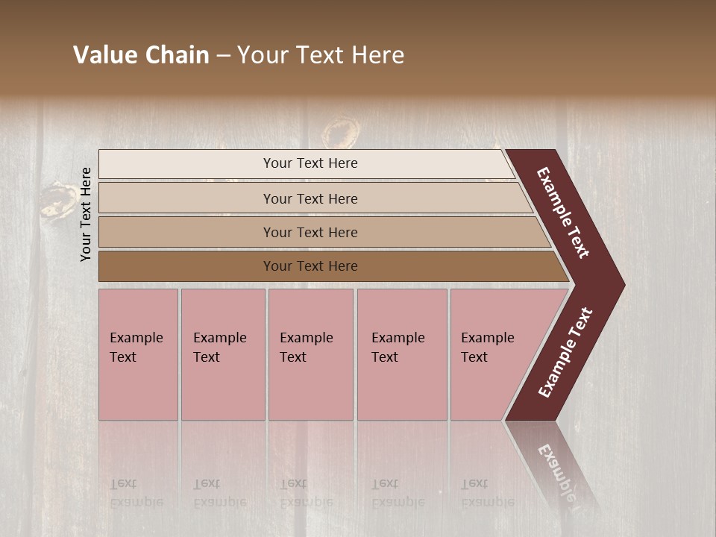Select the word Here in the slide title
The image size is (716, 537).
pyautogui.click(x=377, y=55)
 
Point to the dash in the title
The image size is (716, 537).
pyautogui.click(x=222, y=56)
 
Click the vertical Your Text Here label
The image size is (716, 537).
pyautogui.click(x=86, y=214)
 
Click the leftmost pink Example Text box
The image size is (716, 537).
pyautogui.click(x=138, y=354)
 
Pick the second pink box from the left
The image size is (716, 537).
pyautogui.click(x=223, y=354)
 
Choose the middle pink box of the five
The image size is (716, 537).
pyautogui.click(x=310, y=354)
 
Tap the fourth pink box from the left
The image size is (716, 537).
pyautogui.click(x=402, y=354)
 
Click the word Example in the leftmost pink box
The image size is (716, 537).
pyautogui.click(x=136, y=338)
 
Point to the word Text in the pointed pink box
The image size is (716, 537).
pyautogui.click(x=474, y=357)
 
